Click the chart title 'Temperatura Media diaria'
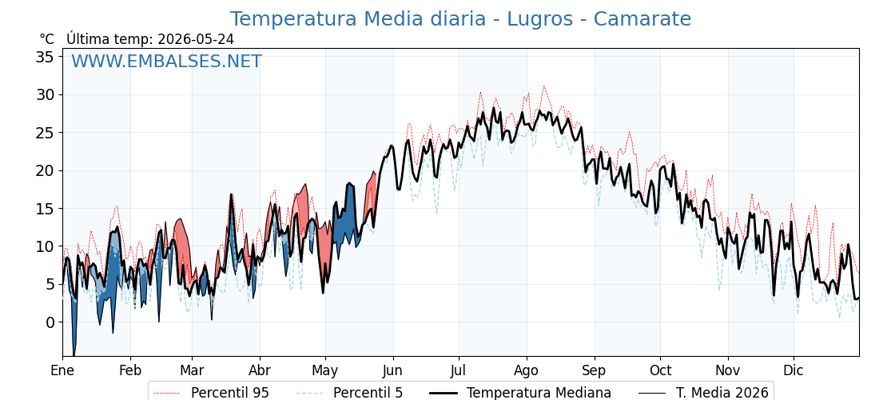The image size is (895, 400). (x=356, y=19)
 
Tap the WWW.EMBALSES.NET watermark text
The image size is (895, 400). (x=167, y=61)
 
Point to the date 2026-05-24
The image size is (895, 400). (x=195, y=39)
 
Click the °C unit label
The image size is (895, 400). (x=47, y=39)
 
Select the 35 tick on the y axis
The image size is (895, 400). (x=46, y=57)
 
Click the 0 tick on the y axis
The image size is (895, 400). (x=51, y=322)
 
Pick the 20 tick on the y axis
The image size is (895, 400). (x=46, y=170)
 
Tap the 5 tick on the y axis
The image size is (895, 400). (x=51, y=285)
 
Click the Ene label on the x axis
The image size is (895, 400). (x=62, y=370)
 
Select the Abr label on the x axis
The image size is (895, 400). (x=260, y=370)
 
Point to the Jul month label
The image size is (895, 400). (x=459, y=370)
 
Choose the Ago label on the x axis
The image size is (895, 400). (x=527, y=371)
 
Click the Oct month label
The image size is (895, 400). (x=660, y=370)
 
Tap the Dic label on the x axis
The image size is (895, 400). (x=794, y=370)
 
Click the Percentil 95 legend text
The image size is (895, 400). (x=230, y=393)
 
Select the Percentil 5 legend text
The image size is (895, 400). (x=368, y=393)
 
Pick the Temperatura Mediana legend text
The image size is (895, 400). (x=539, y=393)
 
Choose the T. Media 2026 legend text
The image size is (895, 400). (x=722, y=393)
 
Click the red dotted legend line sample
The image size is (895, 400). (x=168, y=393)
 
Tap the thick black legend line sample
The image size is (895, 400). (x=444, y=393)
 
